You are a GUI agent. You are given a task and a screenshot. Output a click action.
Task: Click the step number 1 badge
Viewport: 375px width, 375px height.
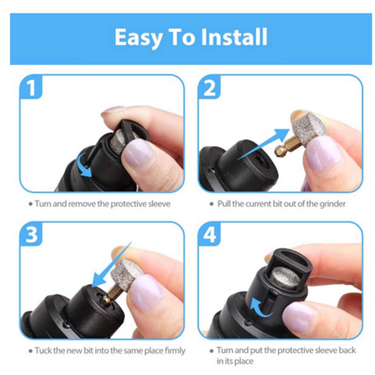click(x=31, y=88)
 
